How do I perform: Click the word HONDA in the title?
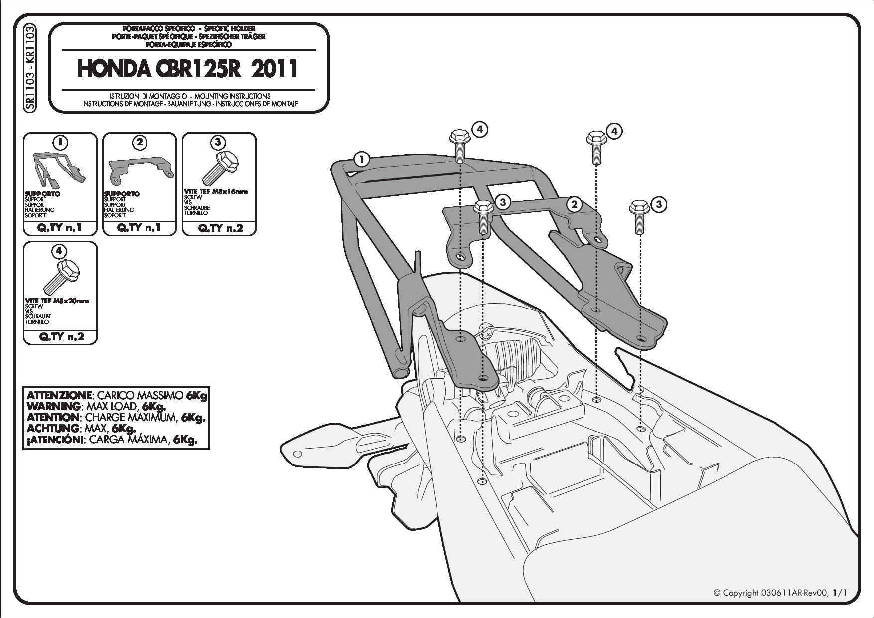pyautogui.click(x=113, y=69)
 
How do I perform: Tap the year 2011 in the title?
pyautogui.click(x=274, y=69)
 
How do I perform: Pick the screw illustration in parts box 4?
pyautogui.click(x=60, y=277)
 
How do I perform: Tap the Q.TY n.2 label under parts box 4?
pyautogui.click(x=60, y=337)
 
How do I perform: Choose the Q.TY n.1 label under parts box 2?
pyautogui.click(x=140, y=228)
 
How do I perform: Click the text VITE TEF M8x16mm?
pyautogui.click(x=216, y=191)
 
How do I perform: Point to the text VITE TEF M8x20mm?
pyautogui.click(x=57, y=301)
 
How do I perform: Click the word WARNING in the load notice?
pyautogui.click(x=53, y=406)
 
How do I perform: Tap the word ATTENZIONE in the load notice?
pyautogui.click(x=59, y=395)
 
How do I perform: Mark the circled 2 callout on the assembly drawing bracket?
pyautogui.click(x=574, y=204)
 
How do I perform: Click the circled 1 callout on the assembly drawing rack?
pyautogui.click(x=362, y=160)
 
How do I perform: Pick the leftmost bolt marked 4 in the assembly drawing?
pyautogui.click(x=458, y=147)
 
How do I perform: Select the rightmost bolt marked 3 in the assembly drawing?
pyautogui.click(x=638, y=216)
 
